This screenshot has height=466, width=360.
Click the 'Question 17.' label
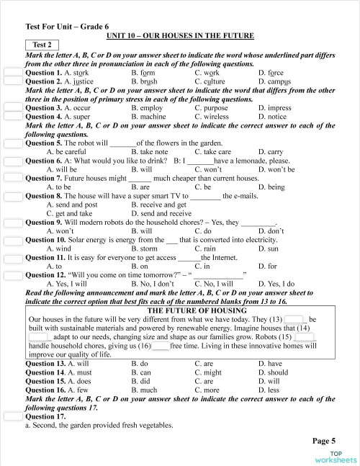pos(45,416)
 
